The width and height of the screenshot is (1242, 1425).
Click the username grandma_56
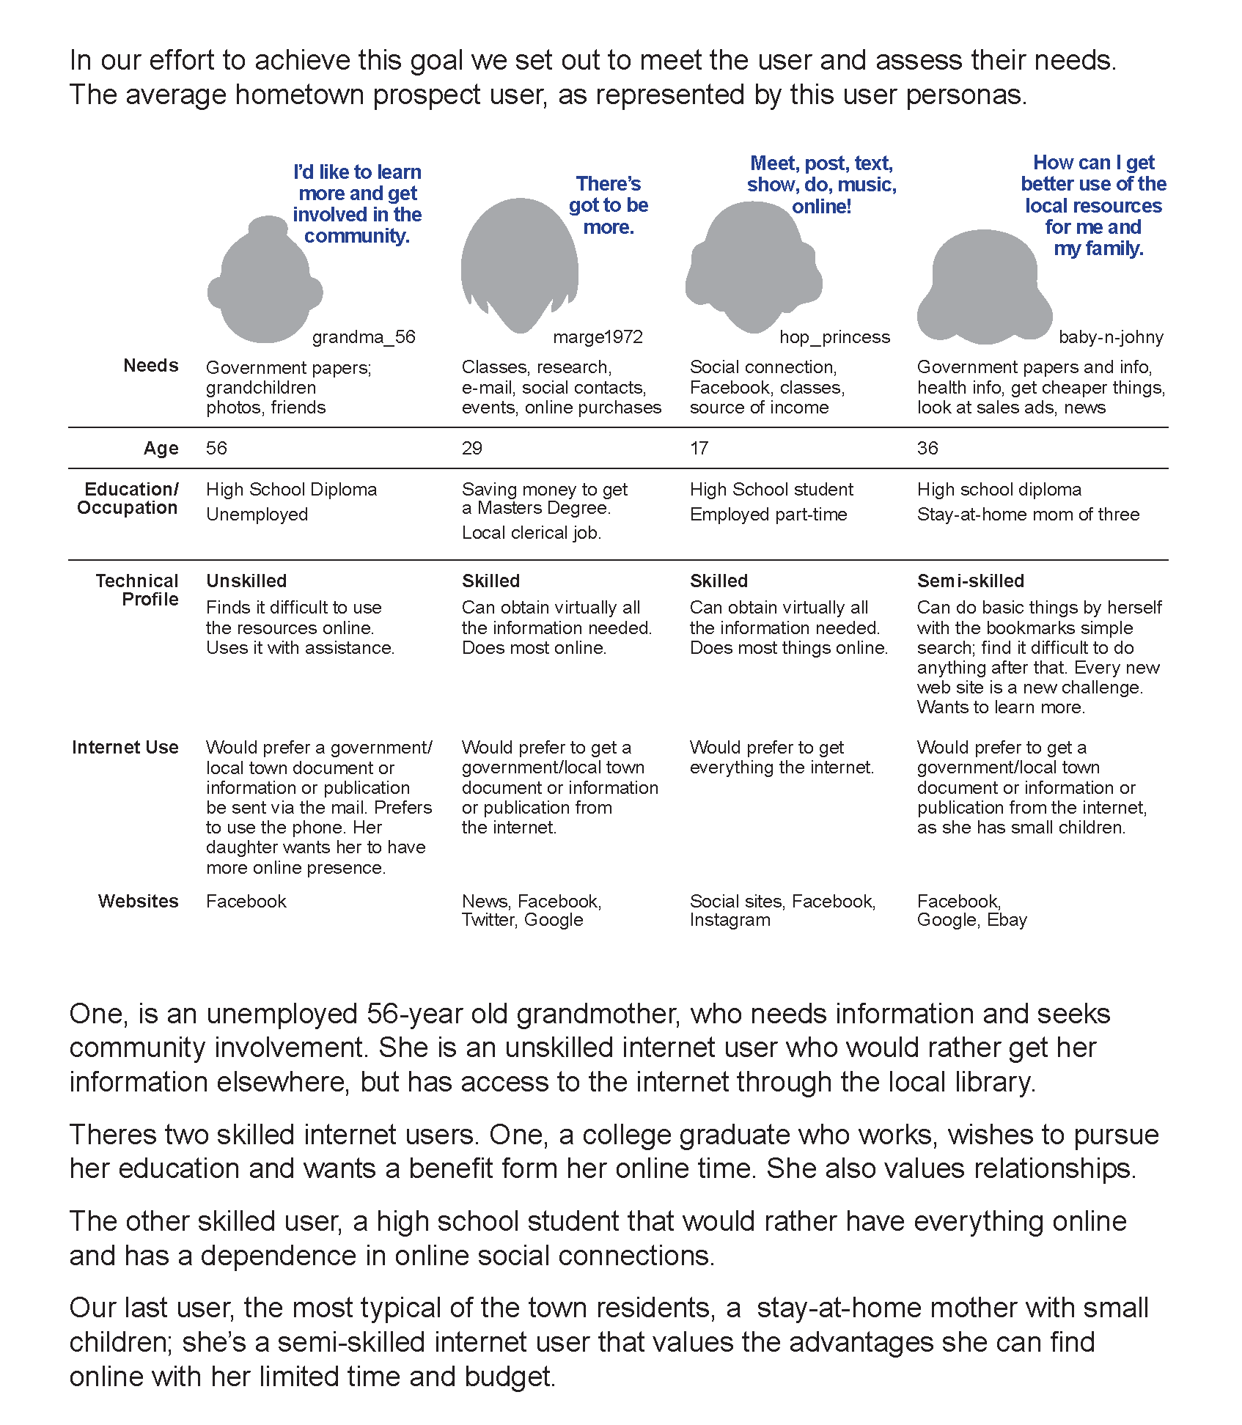tap(364, 337)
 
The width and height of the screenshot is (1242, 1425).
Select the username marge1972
tap(598, 337)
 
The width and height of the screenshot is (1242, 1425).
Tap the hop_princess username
tap(834, 337)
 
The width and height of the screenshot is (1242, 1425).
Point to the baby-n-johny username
tap(1111, 337)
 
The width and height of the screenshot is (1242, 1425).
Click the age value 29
tap(472, 449)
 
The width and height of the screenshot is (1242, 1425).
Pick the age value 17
tap(699, 449)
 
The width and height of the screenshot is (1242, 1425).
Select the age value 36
tap(927, 449)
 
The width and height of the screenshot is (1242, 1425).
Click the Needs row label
tap(151, 366)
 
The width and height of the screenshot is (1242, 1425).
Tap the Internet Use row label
tap(125, 748)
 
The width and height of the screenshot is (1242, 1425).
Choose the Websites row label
tap(139, 902)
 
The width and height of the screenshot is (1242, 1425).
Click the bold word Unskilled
tap(246, 581)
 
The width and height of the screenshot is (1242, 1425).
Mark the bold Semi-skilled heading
tap(970, 581)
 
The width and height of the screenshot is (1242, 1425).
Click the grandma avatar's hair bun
tap(268, 227)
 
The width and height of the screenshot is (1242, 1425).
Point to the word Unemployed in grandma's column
tap(257, 515)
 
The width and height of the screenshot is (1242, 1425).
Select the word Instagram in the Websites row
tap(730, 921)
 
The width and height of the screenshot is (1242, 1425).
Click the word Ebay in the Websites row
tap(1007, 921)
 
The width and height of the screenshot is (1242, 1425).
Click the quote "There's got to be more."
tap(609, 205)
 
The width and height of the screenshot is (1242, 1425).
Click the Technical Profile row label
tap(138, 590)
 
